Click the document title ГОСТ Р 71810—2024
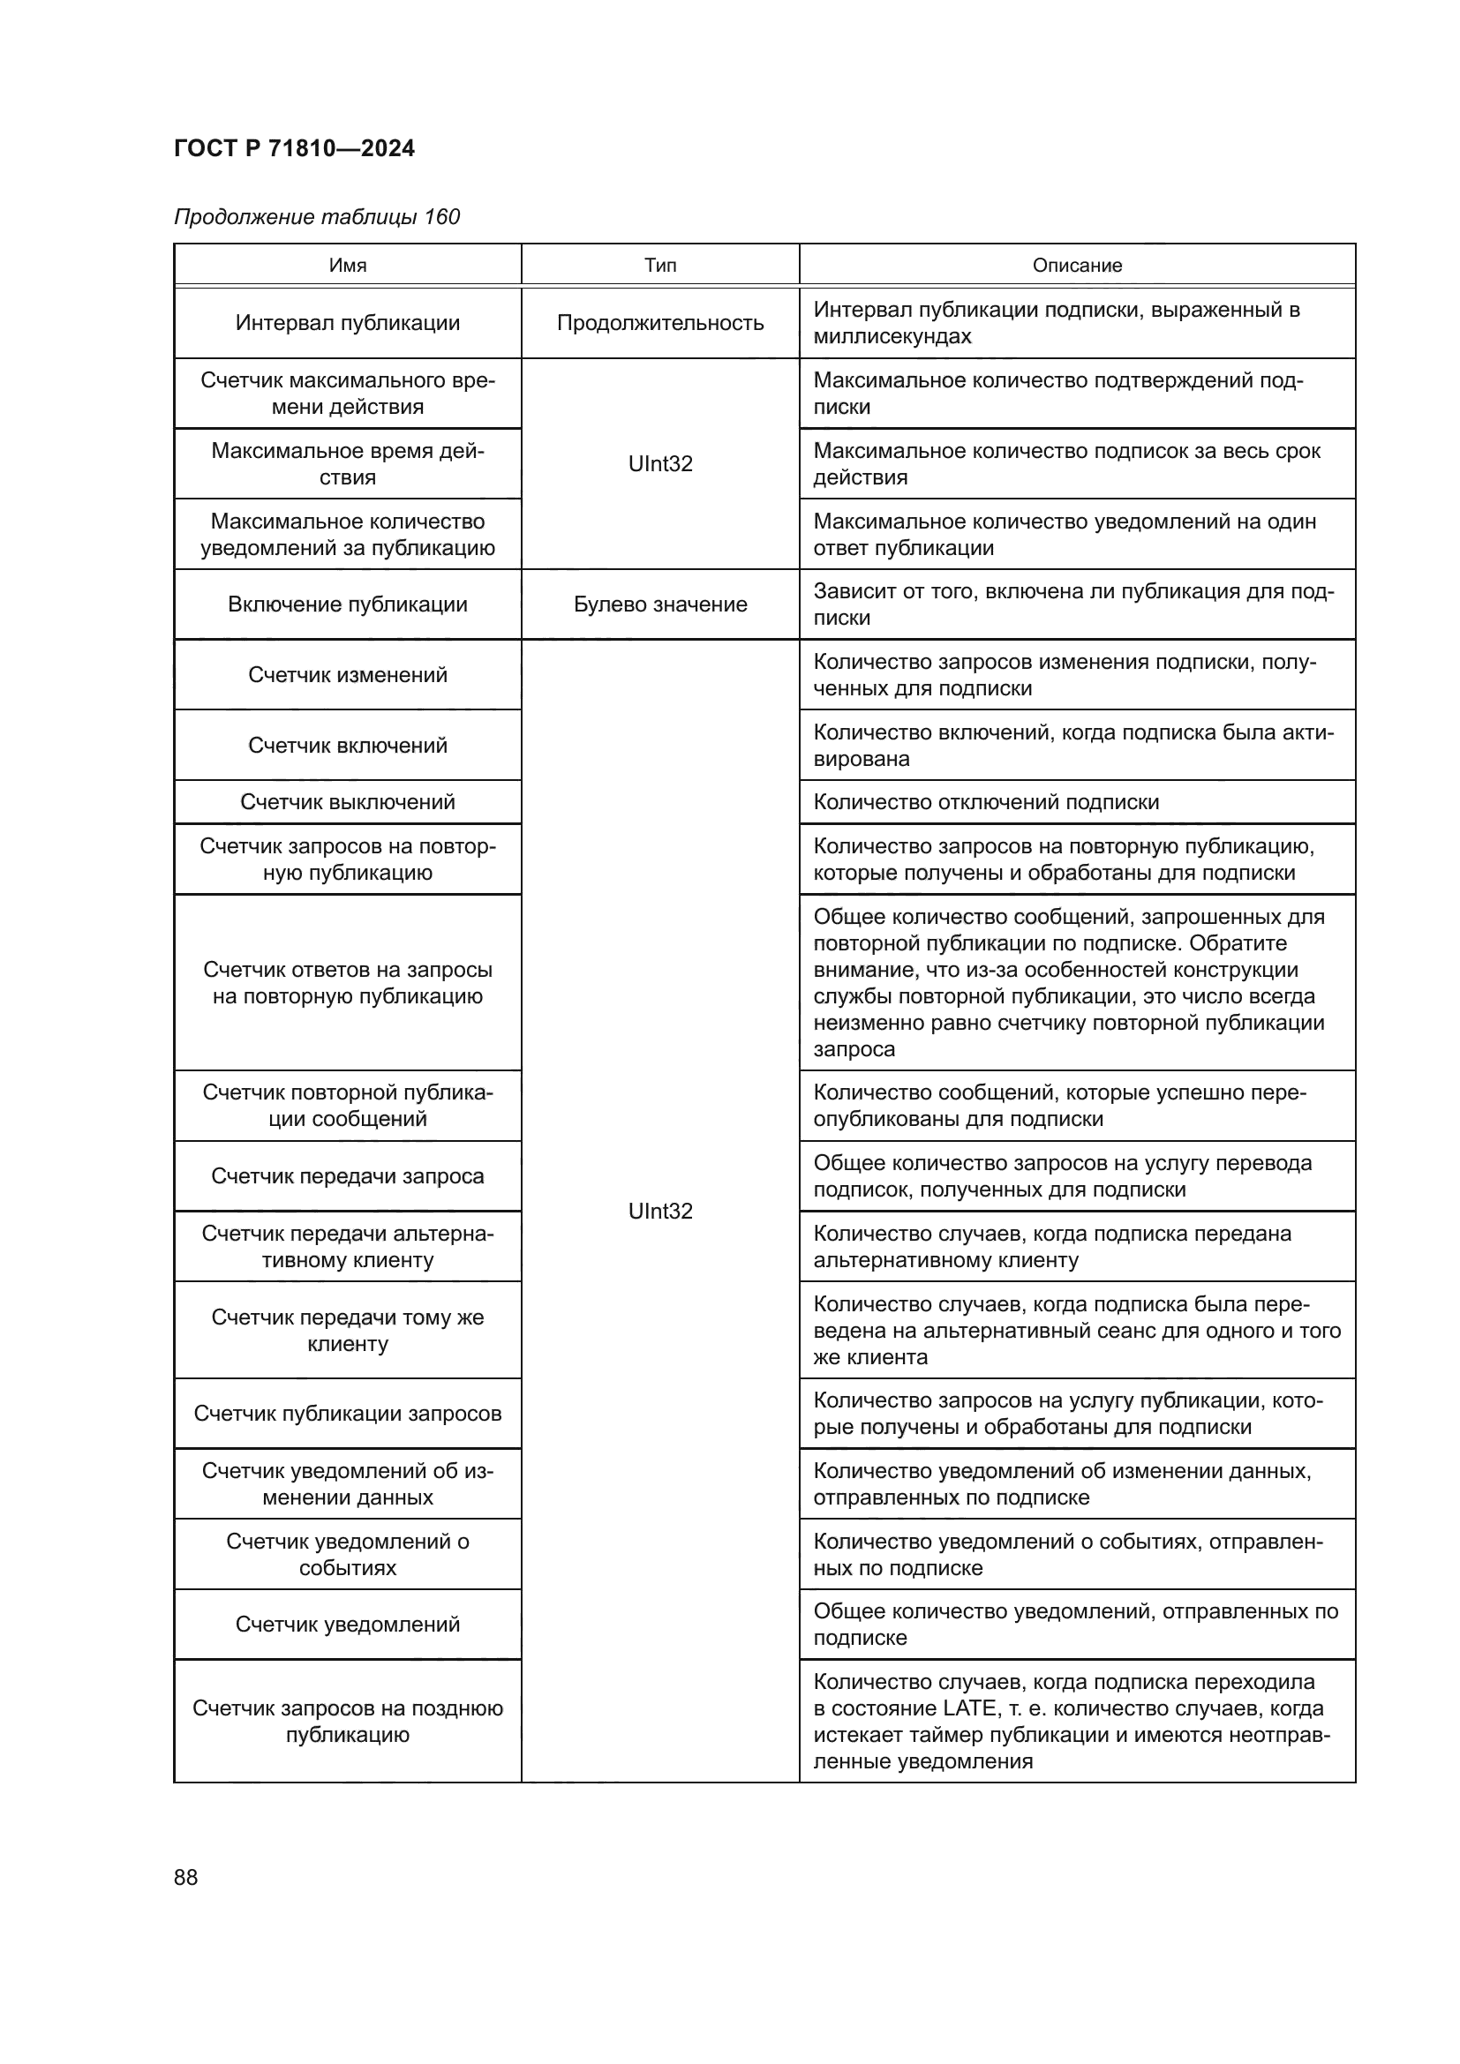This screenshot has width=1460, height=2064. (294, 148)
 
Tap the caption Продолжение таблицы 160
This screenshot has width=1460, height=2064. (317, 217)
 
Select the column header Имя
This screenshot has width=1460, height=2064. (347, 266)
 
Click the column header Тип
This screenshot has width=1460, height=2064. (660, 266)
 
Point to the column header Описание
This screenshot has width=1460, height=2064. (1077, 266)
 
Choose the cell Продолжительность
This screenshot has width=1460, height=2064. (660, 323)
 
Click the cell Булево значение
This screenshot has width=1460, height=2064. (660, 604)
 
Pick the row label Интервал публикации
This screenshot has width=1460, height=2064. (347, 323)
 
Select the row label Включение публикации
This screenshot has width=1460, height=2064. (347, 604)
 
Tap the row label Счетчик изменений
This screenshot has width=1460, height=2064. (347, 675)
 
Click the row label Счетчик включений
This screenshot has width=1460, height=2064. (347, 746)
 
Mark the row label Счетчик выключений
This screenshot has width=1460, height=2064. (347, 802)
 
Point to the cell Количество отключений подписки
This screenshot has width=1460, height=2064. (986, 802)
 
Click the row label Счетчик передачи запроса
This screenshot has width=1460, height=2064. (347, 1175)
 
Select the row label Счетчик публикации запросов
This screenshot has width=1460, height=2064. (347, 1413)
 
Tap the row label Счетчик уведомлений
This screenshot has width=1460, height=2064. (347, 1625)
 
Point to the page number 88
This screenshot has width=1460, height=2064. (186, 1877)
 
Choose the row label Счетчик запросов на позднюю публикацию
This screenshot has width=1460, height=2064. (347, 1722)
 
